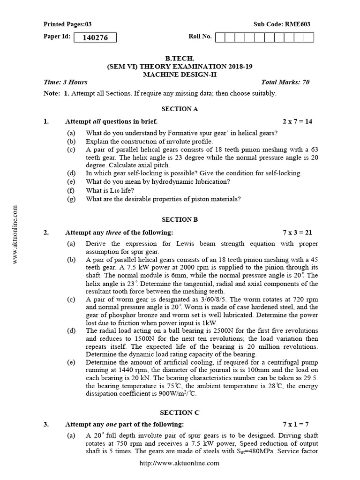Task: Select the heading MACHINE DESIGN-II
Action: [x=180, y=75]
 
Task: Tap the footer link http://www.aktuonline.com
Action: [x=180, y=463]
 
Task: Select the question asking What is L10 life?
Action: [x=110, y=190]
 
